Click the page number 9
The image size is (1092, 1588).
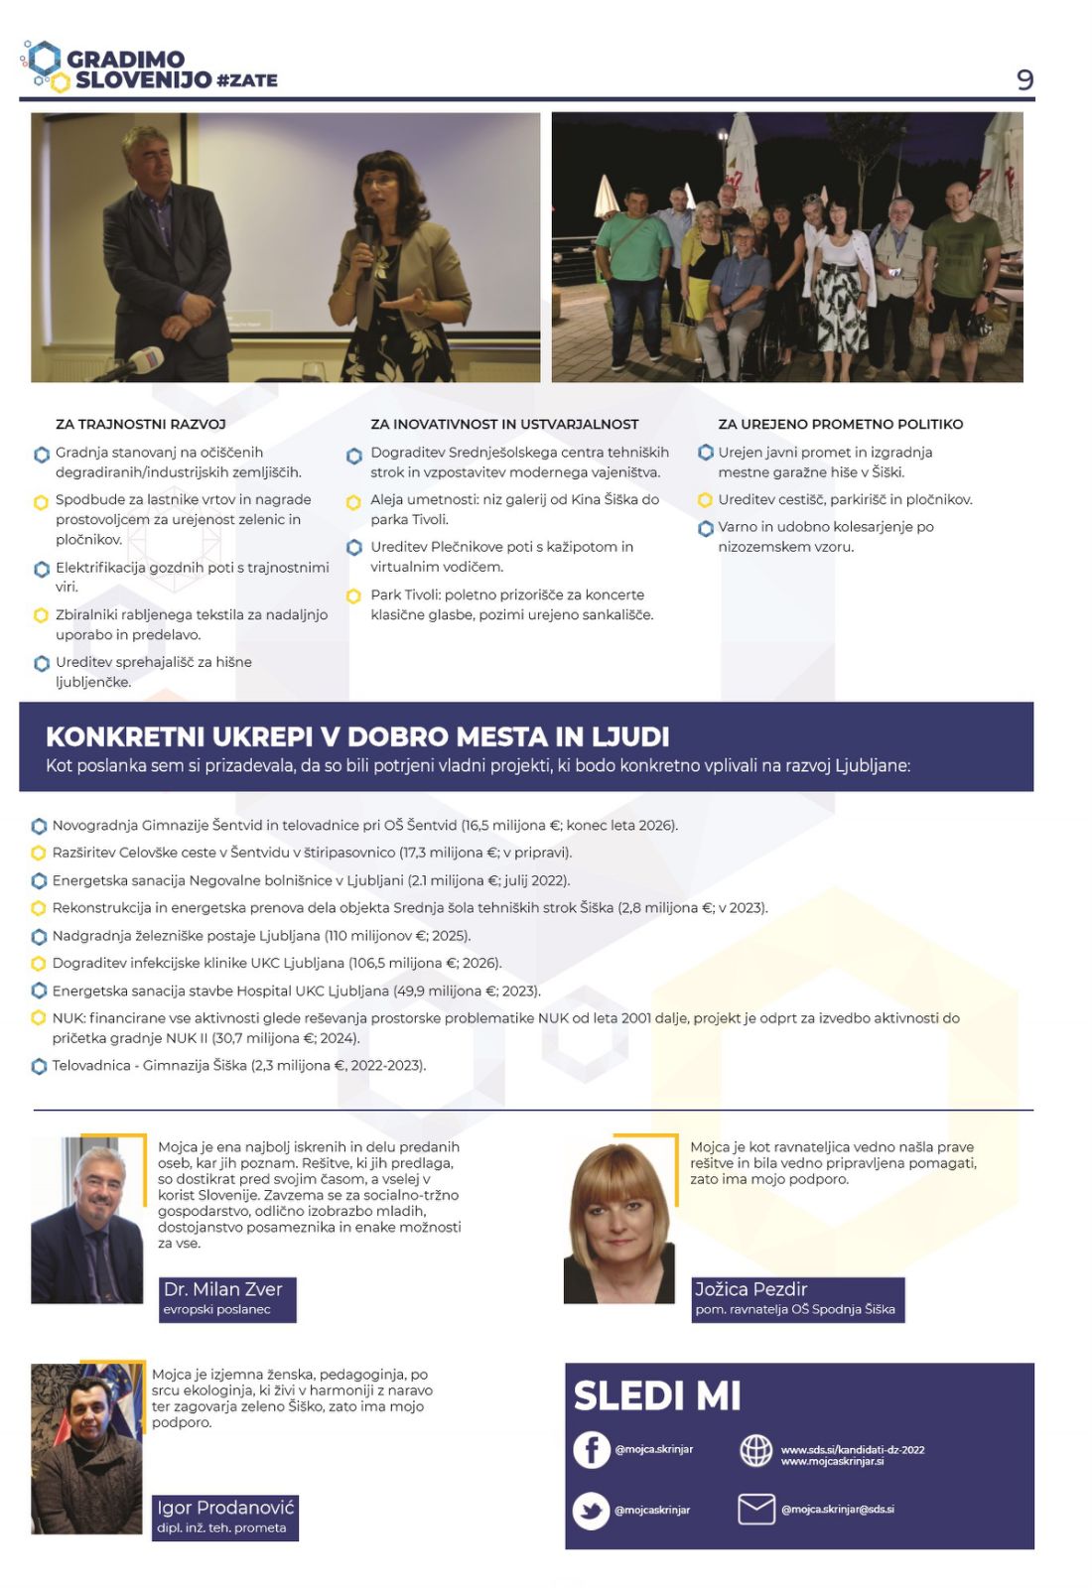(1024, 79)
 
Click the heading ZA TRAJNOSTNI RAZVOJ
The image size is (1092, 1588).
(141, 424)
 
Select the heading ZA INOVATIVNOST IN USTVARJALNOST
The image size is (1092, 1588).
(504, 424)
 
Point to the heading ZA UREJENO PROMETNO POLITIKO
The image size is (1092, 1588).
(840, 424)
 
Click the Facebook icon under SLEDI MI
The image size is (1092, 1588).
(592, 1450)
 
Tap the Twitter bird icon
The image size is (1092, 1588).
(591, 1511)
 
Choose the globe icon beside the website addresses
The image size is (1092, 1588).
(756, 1450)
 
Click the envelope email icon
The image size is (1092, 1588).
(756, 1509)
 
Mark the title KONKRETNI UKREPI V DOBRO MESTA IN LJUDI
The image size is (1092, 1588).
(357, 736)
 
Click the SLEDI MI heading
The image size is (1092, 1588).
(657, 1395)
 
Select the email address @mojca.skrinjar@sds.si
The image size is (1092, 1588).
(837, 1510)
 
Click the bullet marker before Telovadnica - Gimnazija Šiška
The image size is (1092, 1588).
(40, 1066)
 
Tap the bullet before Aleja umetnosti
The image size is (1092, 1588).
(353, 502)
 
